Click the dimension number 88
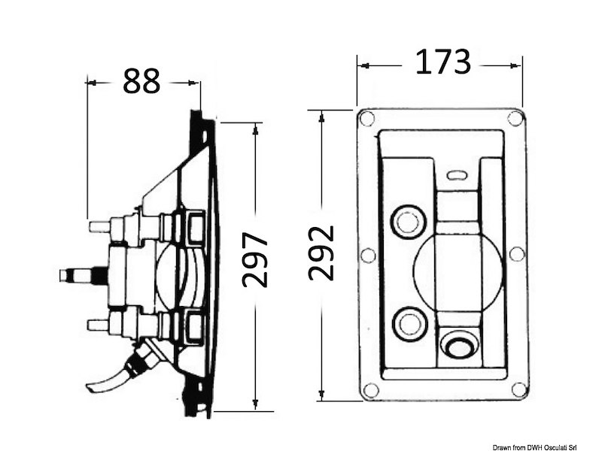pyautogui.click(x=141, y=81)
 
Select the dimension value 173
pyautogui.click(x=443, y=62)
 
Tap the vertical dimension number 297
pyautogui.click(x=255, y=259)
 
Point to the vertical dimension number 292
pyautogui.click(x=321, y=253)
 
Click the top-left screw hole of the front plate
pyautogui.click(x=366, y=118)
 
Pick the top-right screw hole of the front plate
pyautogui.click(x=515, y=118)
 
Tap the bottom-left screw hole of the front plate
pyautogui.click(x=371, y=390)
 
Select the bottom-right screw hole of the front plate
pyautogui.click(x=518, y=389)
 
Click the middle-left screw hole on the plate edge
pyautogui.click(x=368, y=255)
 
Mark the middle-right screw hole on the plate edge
pyautogui.click(x=517, y=254)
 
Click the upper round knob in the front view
pyautogui.click(x=409, y=222)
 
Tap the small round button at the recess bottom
pyautogui.click(x=460, y=345)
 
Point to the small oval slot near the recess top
pyautogui.click(x=458, y=175)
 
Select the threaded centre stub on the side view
pyautogui.click(x=84, y=276)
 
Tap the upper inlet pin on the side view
pyautogui.click(x=101, y=225)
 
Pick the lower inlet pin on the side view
pyautogui.click(x=99, y=325)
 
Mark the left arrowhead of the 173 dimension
pyautogui.click(x=365, y=66)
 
